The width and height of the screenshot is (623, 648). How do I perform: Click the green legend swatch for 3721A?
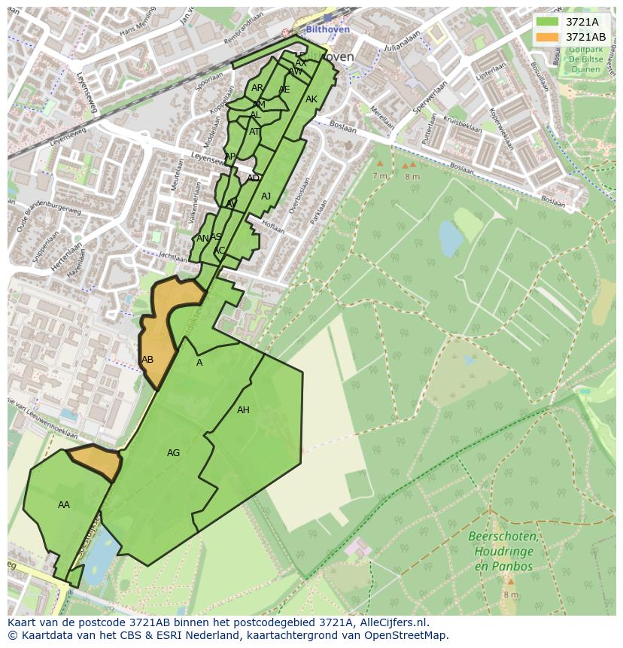546,23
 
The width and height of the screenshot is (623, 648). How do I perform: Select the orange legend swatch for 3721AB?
546,37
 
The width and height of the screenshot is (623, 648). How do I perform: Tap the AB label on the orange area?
147,360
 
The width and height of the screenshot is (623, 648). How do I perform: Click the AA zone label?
64,505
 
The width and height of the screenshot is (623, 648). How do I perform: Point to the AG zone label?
173,453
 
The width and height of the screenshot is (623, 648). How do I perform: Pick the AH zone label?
243,410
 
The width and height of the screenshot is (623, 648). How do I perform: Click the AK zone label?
311,99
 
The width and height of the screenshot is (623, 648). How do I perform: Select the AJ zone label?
266,196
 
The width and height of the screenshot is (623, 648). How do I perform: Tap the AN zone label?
202,239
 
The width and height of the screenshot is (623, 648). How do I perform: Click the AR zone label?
257,88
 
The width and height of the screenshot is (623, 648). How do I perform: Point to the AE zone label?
284,90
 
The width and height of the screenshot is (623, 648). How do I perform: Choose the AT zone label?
254,132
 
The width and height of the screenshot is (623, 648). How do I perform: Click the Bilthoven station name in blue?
327,29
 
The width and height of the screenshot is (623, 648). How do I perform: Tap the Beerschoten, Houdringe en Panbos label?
503,552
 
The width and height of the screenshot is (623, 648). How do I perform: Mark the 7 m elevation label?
379,175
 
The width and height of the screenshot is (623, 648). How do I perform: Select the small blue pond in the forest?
451,239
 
